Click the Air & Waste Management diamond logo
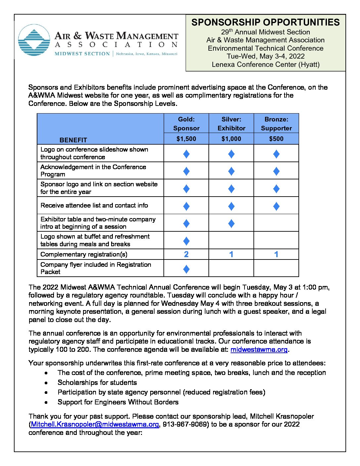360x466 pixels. click(x=34, y=40)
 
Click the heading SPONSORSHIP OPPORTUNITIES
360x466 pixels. click(x=265, y=22)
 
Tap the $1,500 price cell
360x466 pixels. click(x=186, y=139)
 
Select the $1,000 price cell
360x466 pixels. click(x=231, y=139)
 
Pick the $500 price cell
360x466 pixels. click(x=276, y=139)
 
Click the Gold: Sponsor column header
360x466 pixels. click(x=186, y=123)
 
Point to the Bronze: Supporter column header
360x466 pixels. click(x=276, y=123)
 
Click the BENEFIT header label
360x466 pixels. click(x=73, y=140)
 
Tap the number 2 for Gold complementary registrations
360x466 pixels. click(x=186, y=254)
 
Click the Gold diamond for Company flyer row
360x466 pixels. click(x=186, y=269)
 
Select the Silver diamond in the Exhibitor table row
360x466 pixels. click(x=231, y=223)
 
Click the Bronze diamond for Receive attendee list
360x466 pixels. click(x=276, y=206)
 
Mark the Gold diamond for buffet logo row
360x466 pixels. click(x=186, y=241)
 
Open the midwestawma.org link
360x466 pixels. click(x=259, y=349)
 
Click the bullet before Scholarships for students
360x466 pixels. click(x=46, y=383)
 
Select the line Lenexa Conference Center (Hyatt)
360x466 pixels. click(x=265, y=65)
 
